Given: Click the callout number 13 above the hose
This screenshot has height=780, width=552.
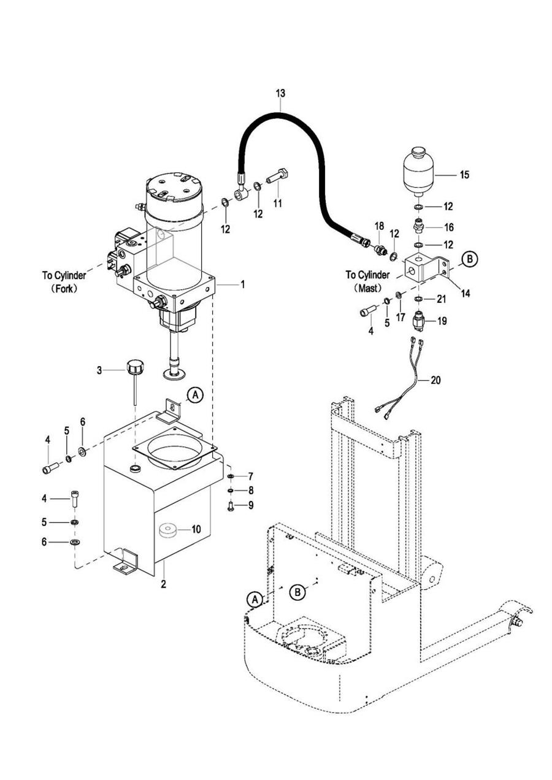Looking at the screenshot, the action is (x=280, y=93).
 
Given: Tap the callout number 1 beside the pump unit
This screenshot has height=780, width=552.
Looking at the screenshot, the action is (x=242, y=285).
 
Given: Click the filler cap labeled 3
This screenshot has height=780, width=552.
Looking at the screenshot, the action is (x=136, y=368).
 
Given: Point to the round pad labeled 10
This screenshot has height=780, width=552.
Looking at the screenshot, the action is (x=168, y=530).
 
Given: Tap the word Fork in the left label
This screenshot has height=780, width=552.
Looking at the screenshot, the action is (x=64, y=289).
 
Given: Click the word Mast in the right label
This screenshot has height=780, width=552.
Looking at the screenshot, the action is (x=368, y=289).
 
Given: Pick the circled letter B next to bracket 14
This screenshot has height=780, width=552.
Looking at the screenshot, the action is (x=470, y=259).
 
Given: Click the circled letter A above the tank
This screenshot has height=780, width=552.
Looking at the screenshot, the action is (x=195, y=396).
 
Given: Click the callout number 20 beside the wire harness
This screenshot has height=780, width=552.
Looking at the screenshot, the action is (x=435, y=380).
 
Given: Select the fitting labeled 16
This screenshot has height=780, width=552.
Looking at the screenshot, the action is (x=419, y=226).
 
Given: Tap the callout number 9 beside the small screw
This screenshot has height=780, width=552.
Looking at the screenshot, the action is (x=251, y=505).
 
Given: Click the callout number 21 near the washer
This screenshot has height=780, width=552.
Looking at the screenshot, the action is (x=441, y=299).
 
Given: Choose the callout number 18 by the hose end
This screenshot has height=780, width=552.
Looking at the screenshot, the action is (x=379, y=226).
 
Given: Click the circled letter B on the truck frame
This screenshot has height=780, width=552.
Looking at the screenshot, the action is (x=297, y=592).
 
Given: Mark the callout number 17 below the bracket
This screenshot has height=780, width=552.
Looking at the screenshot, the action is (x=401, y=317).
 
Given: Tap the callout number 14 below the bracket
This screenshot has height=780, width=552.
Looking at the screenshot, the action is (x=466, y=294).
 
